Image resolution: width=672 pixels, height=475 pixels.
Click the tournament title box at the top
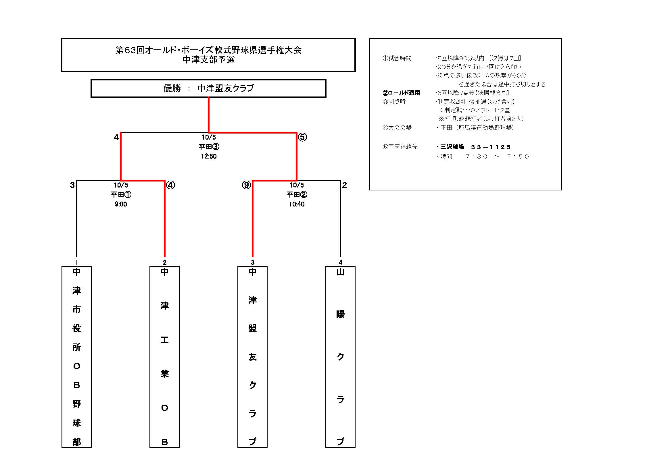208,55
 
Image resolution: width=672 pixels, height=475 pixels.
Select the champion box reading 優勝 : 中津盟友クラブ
208,88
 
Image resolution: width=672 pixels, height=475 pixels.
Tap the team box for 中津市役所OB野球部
76,357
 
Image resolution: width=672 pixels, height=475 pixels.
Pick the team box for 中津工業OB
164,357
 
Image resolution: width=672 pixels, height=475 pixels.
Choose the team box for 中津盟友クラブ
252,357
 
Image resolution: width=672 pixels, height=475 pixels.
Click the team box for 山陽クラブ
340,357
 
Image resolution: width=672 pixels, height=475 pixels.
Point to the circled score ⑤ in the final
302,137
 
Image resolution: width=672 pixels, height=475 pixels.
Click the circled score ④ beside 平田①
170,185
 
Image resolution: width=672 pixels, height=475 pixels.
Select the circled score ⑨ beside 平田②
246,185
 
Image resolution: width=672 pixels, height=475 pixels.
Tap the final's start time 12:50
209,156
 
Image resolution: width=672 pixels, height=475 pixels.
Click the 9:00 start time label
121,204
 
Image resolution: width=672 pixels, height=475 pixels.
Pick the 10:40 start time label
297,204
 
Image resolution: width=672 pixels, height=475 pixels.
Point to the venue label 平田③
209,146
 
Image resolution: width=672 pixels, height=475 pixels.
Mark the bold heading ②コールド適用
401,93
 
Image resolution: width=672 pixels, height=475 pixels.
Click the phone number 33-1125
491,147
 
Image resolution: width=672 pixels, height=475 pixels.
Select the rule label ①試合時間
397,58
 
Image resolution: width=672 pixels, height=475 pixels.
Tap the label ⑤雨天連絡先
400,147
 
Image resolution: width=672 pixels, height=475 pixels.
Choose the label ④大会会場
397,128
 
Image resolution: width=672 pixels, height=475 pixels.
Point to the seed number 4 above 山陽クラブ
340,262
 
